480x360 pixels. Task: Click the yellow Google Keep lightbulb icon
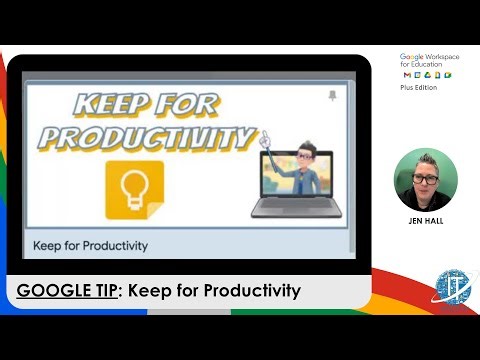134,191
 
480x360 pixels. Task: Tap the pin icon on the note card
332,96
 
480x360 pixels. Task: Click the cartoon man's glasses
297,152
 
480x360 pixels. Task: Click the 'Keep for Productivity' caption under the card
90,245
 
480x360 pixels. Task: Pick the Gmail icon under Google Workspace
406,76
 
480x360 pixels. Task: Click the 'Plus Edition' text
419,87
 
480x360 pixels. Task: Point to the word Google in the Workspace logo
412,58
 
